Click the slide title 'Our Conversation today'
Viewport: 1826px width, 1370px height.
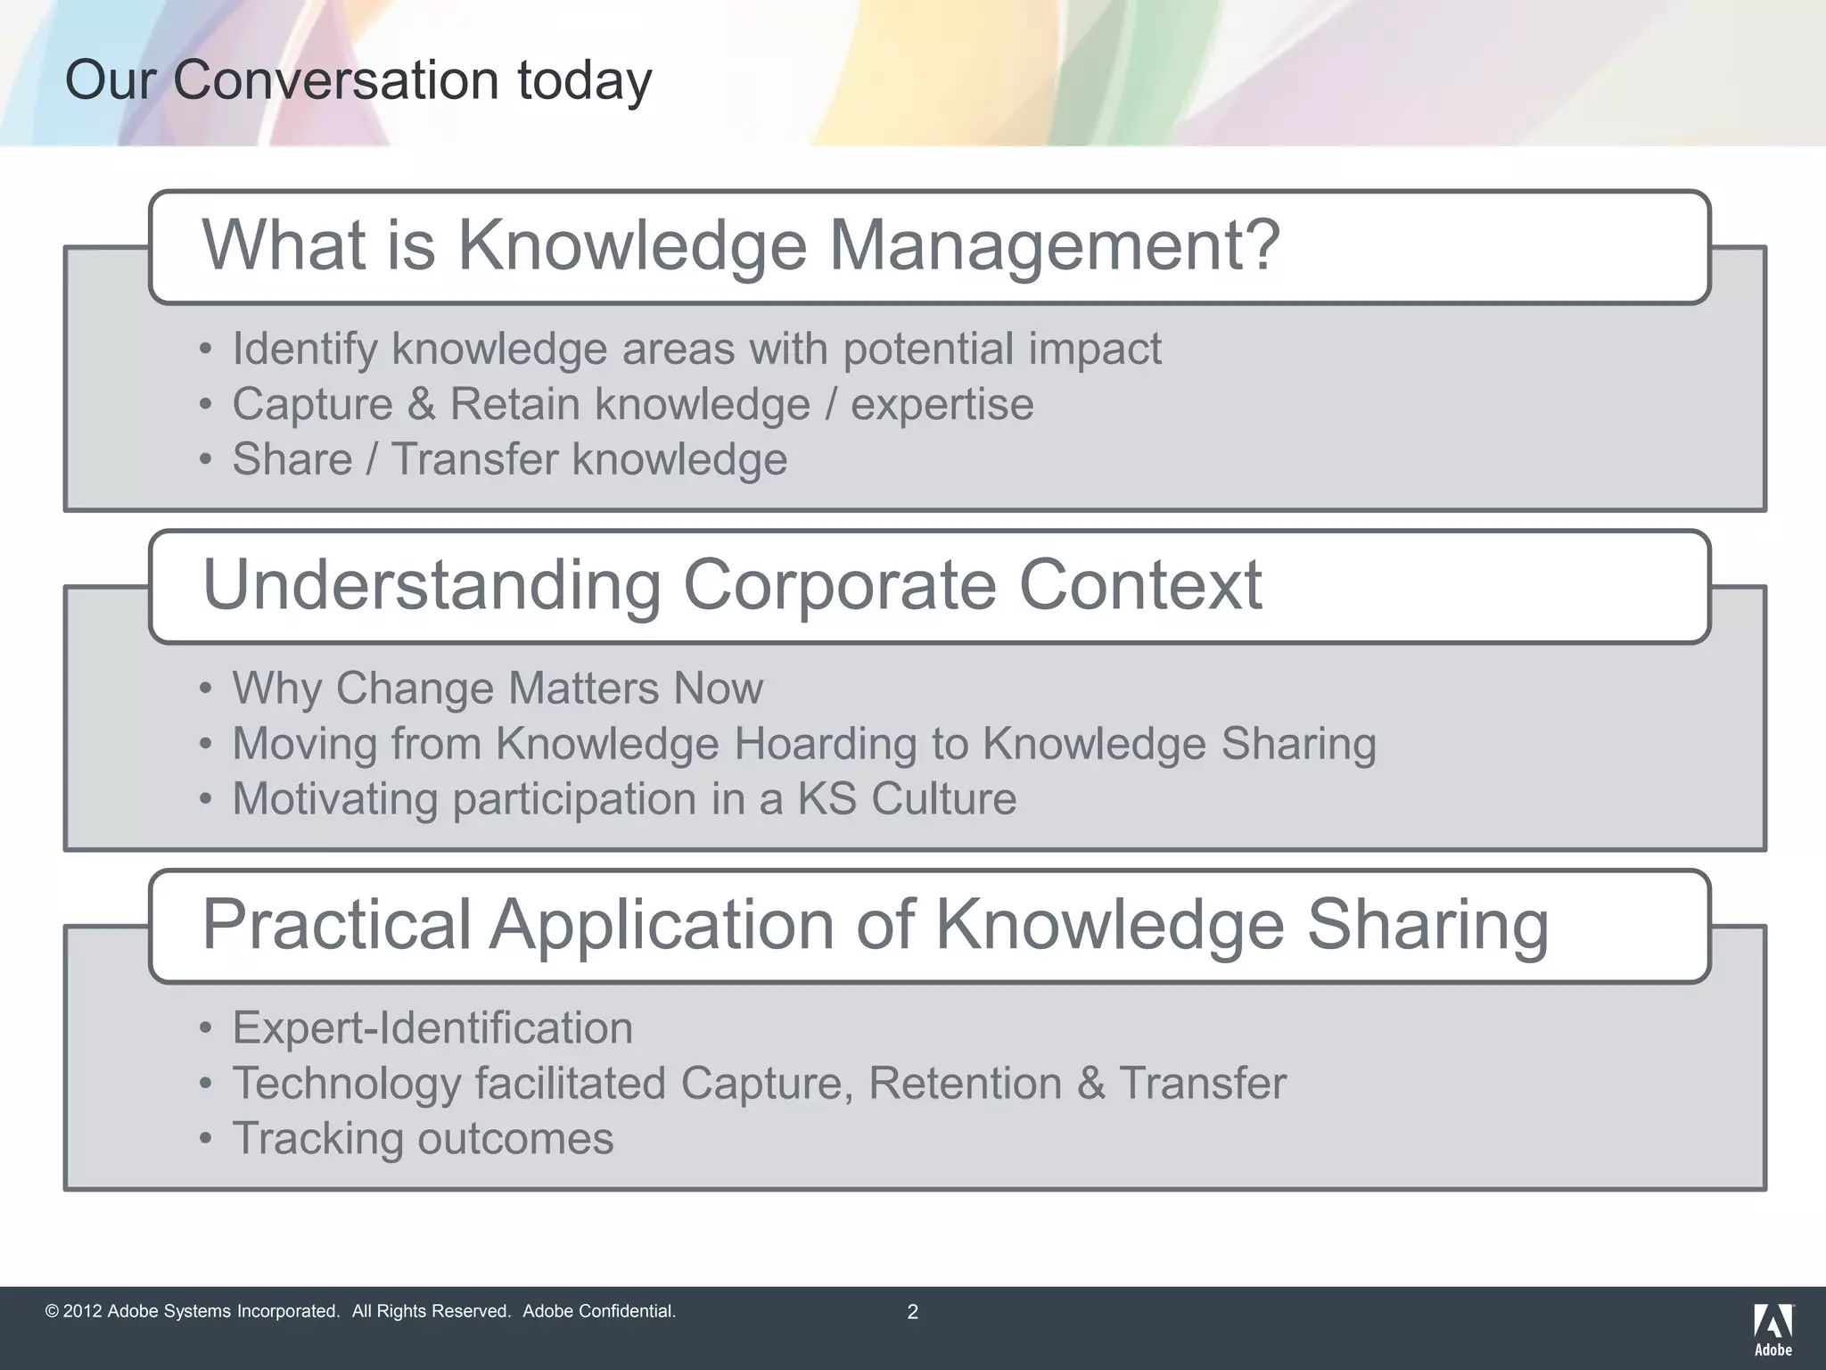tap(358, 80)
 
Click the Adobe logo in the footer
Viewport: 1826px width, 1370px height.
tap(1773, 1328)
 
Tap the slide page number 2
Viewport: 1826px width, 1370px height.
tap(912, 1312)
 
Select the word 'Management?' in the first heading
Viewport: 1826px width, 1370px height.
tap(1055, 245)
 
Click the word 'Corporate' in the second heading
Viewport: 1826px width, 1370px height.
tap(839, 585)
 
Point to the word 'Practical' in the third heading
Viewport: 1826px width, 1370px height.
tap(336, 924)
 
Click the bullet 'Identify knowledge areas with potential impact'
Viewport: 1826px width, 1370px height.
tap(695, 349)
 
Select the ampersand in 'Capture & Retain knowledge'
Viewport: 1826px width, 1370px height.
tap(421, 404)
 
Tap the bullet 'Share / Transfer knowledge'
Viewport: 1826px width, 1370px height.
tap(509, 460)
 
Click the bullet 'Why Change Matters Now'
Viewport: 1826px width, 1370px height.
tap(497, 689)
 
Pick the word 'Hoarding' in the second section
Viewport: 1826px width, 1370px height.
tap(825, 744)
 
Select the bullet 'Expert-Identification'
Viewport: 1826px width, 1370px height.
tap(432, 1027)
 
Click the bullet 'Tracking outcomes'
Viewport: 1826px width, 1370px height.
tap(423, 1139)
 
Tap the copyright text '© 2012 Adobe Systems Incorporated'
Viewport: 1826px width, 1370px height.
tap(193, 1311)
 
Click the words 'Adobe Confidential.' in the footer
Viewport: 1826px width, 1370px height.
tap(599, 1311)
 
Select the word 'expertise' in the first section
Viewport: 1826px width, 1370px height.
tap(942, 404)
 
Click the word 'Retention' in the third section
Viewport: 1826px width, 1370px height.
tap(965, 1084)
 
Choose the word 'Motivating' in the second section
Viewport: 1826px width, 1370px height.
tap(334, 799)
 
